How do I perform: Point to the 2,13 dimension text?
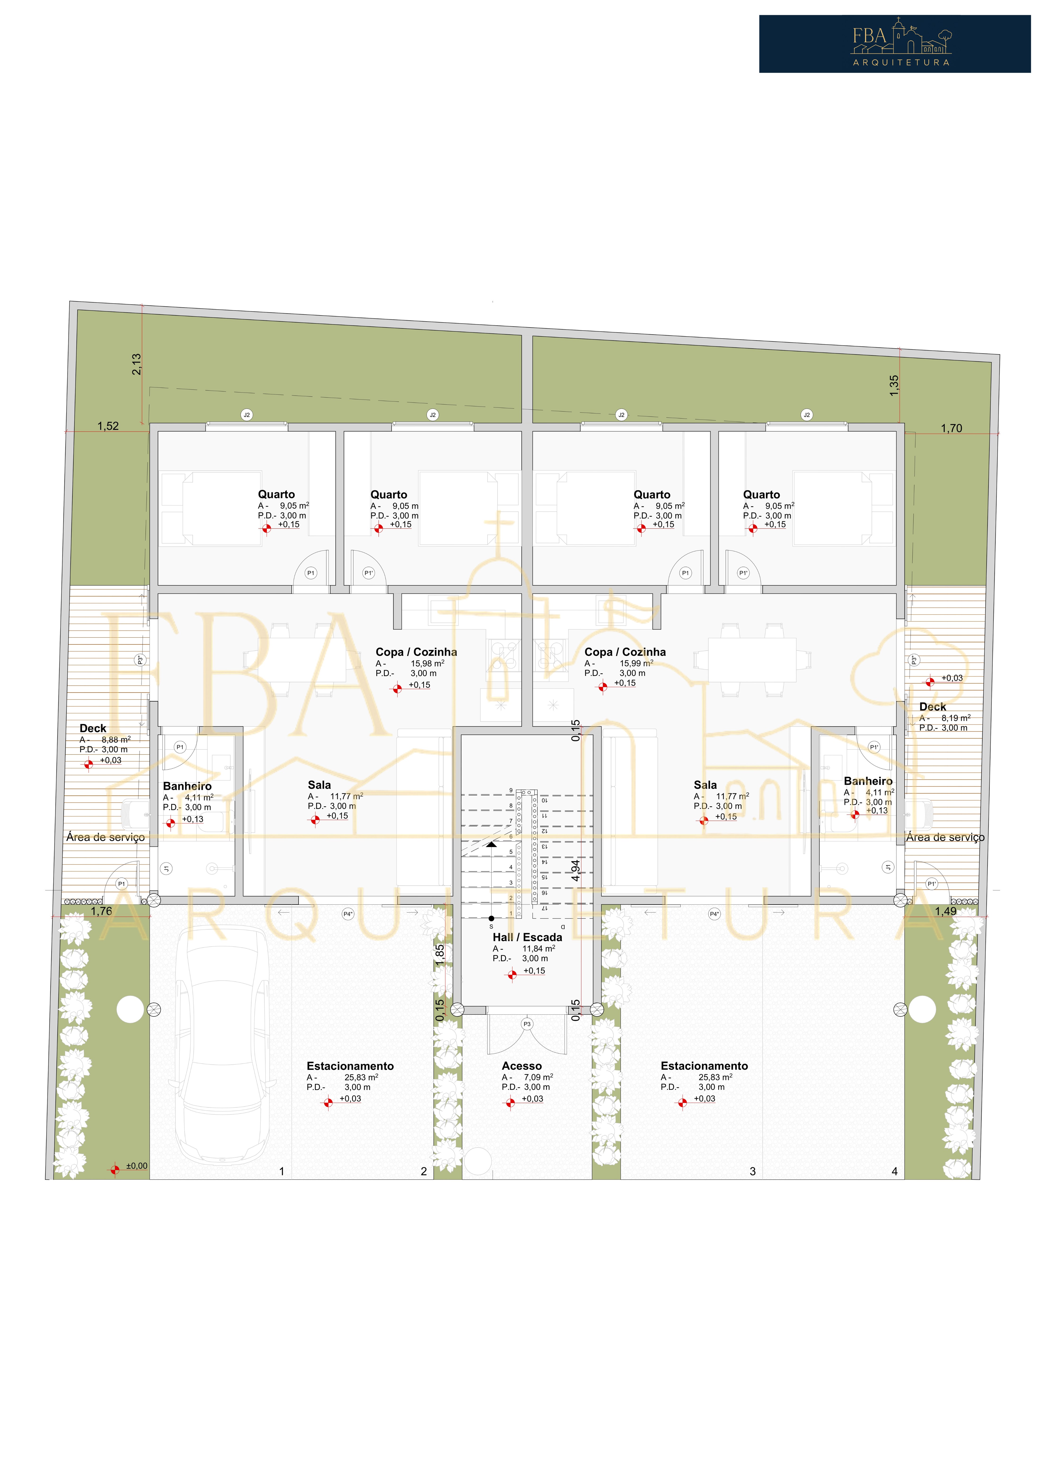(x=136, y=364)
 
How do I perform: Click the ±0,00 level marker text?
(x=137, y=1166)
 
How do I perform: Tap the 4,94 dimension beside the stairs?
(x=575, y=870)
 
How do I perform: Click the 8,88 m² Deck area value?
(x=116, y=740)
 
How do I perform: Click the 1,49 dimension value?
(x=945, y=911)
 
